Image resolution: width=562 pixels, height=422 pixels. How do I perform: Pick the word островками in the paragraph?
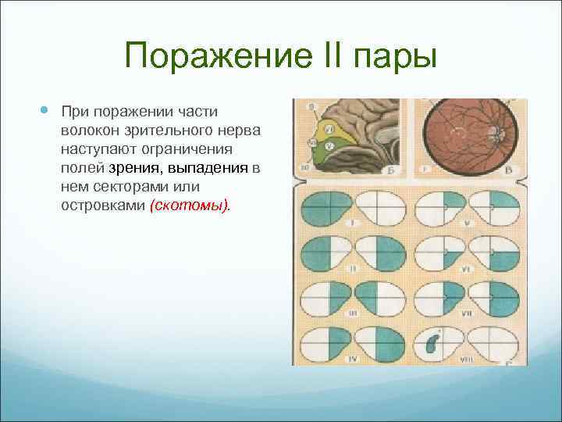point(101,206)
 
